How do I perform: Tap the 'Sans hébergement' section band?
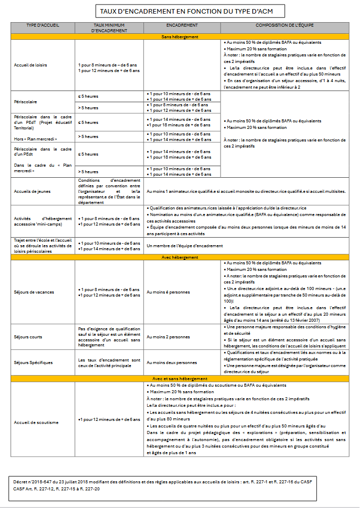click(x=180, y=37)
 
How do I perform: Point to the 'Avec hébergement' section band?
click(x=180, y=257)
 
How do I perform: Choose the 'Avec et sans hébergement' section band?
click(x=180, y=378)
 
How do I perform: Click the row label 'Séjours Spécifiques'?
click(x=33, y=362)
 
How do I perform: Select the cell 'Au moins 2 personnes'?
click(x=168, y=337)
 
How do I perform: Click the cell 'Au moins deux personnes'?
click(x=172, y=362)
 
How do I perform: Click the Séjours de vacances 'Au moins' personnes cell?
click(x=169, y=292)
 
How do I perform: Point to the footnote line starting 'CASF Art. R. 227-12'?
click(x=56, y=488)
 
